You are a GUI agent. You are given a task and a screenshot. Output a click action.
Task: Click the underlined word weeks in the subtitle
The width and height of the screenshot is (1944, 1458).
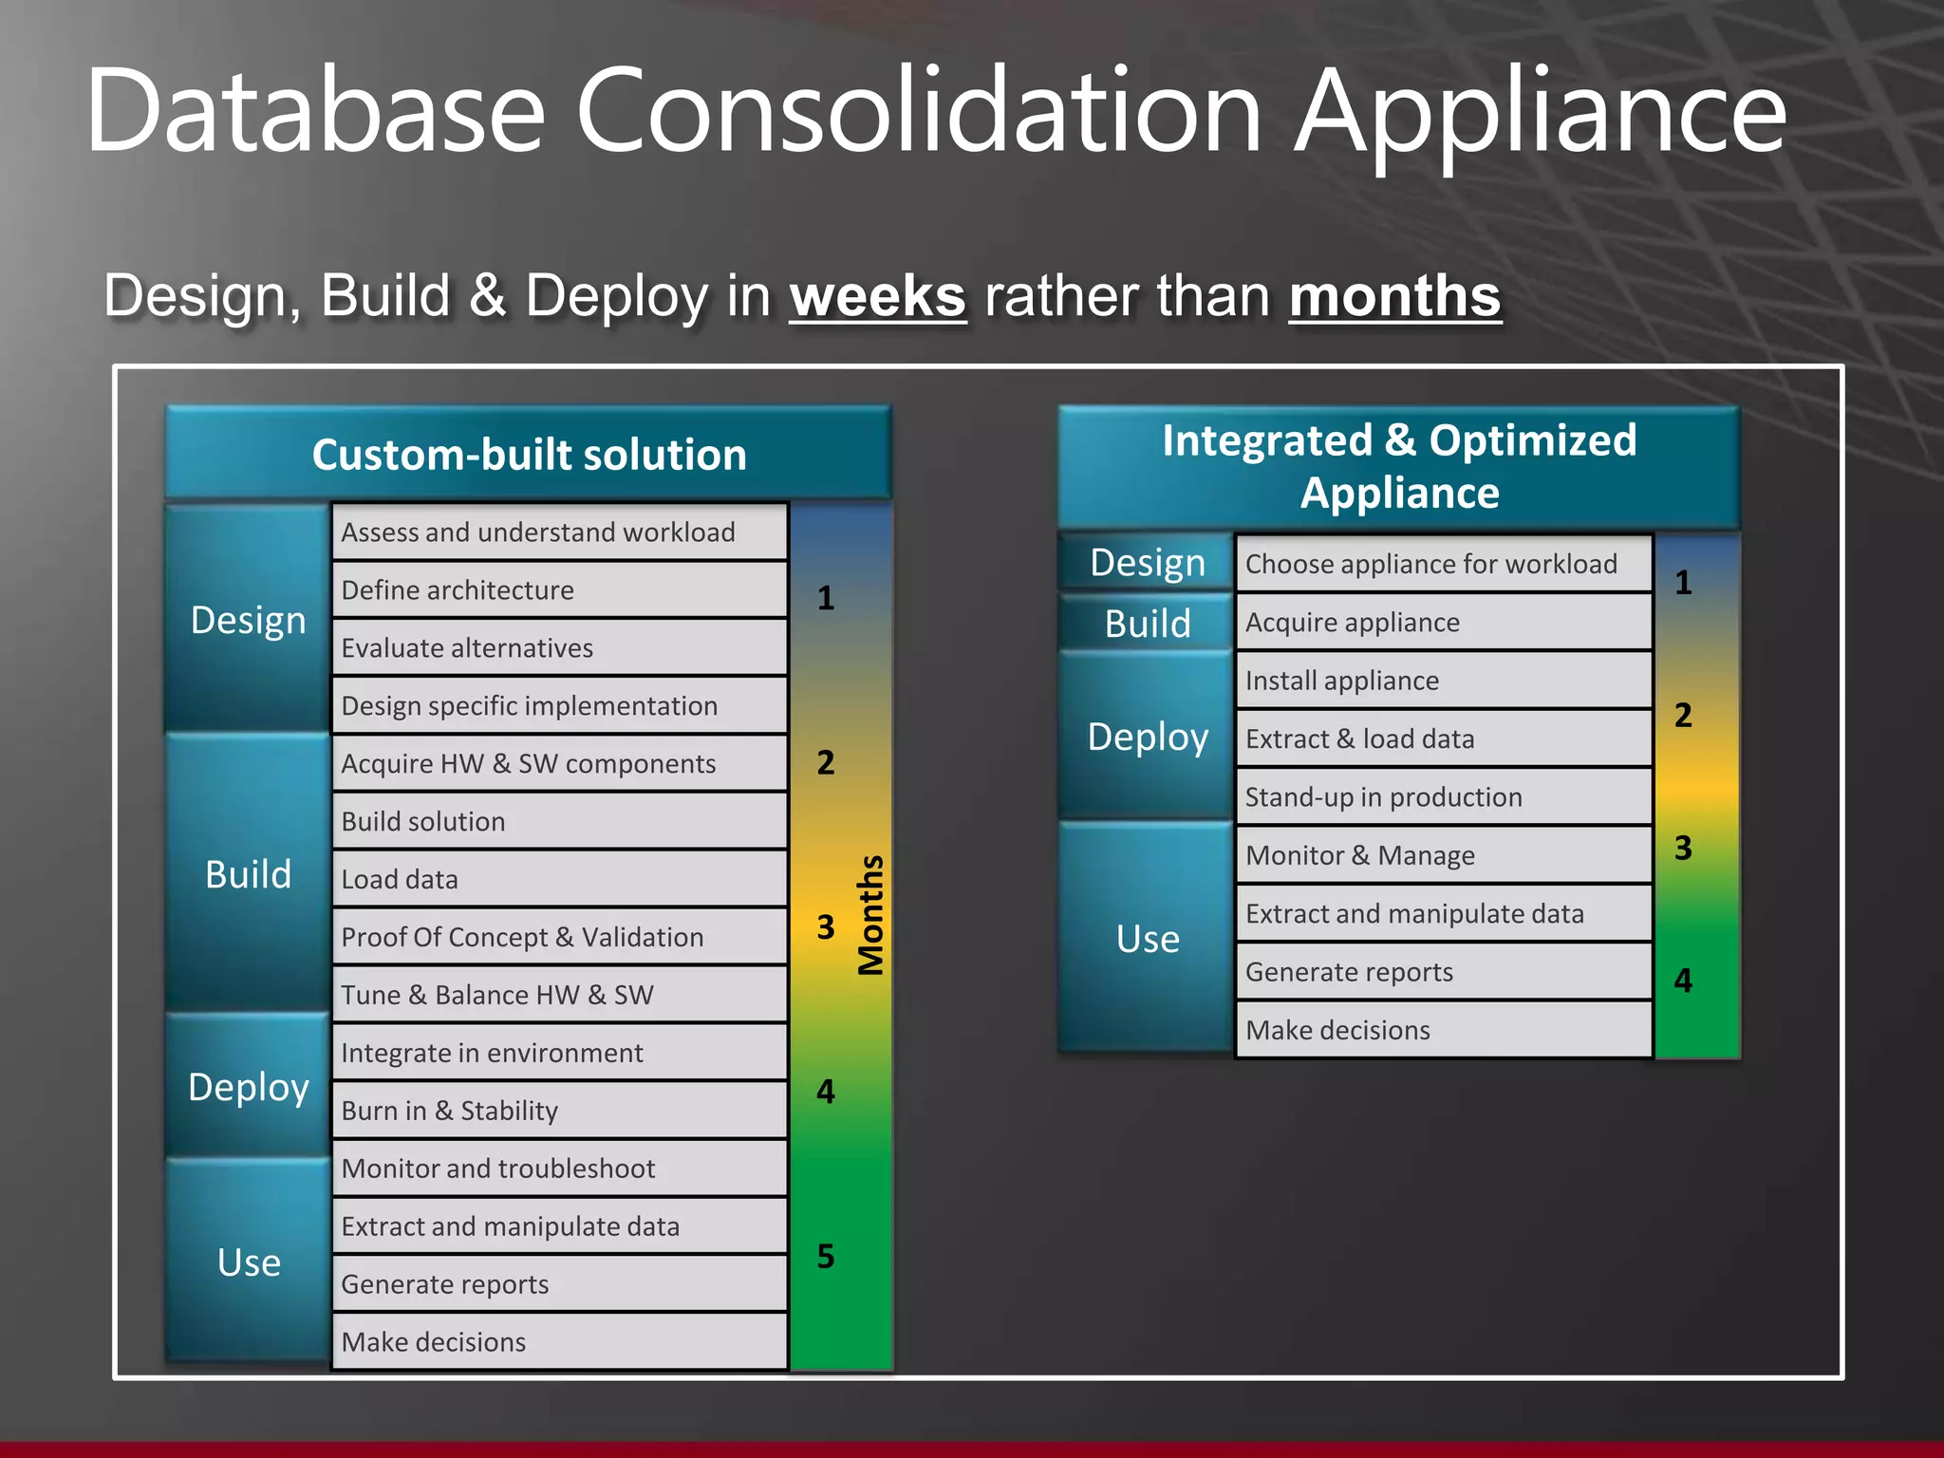[877, 296]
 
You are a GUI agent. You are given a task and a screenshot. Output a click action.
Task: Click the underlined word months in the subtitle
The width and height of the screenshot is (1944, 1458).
[1394, 296]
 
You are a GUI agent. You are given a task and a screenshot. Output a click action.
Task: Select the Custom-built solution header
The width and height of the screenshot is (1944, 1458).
[529, 454]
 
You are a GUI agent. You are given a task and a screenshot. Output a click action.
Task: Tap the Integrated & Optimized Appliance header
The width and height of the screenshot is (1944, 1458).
[1399, 466]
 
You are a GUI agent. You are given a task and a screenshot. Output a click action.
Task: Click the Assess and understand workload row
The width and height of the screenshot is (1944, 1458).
[559, 533]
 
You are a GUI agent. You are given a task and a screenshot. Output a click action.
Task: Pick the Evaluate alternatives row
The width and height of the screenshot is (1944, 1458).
[559, 648]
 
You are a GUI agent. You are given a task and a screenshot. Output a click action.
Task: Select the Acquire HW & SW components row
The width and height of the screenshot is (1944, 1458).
[559, 764]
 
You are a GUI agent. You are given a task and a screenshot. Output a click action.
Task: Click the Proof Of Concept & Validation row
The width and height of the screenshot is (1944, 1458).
[559, 938]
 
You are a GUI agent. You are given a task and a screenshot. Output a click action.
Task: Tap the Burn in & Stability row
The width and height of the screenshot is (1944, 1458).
[559, 1111]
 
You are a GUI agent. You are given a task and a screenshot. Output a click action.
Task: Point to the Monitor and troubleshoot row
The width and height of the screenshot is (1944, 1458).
[559, 1168]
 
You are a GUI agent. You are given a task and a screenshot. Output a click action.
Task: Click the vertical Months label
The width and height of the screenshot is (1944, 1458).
[870, 915]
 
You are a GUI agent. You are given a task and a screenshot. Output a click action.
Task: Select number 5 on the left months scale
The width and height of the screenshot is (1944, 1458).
[826, 1257]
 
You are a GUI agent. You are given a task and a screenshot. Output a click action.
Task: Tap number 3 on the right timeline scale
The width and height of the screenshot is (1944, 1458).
[1683, 848]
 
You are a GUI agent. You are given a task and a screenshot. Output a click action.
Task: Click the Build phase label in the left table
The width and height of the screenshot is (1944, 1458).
[248, 874]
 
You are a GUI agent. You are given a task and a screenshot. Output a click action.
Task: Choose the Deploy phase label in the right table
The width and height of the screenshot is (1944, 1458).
[1148, 737]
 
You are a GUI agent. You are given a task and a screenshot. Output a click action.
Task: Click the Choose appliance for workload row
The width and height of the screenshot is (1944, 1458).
[1443, 564]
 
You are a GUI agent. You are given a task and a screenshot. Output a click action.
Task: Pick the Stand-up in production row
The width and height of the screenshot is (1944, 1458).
[1443, 797]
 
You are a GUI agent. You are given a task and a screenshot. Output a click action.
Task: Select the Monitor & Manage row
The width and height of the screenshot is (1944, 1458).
[1443, 855]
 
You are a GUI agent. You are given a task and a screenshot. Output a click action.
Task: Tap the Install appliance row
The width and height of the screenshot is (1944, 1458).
[1443, 681]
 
